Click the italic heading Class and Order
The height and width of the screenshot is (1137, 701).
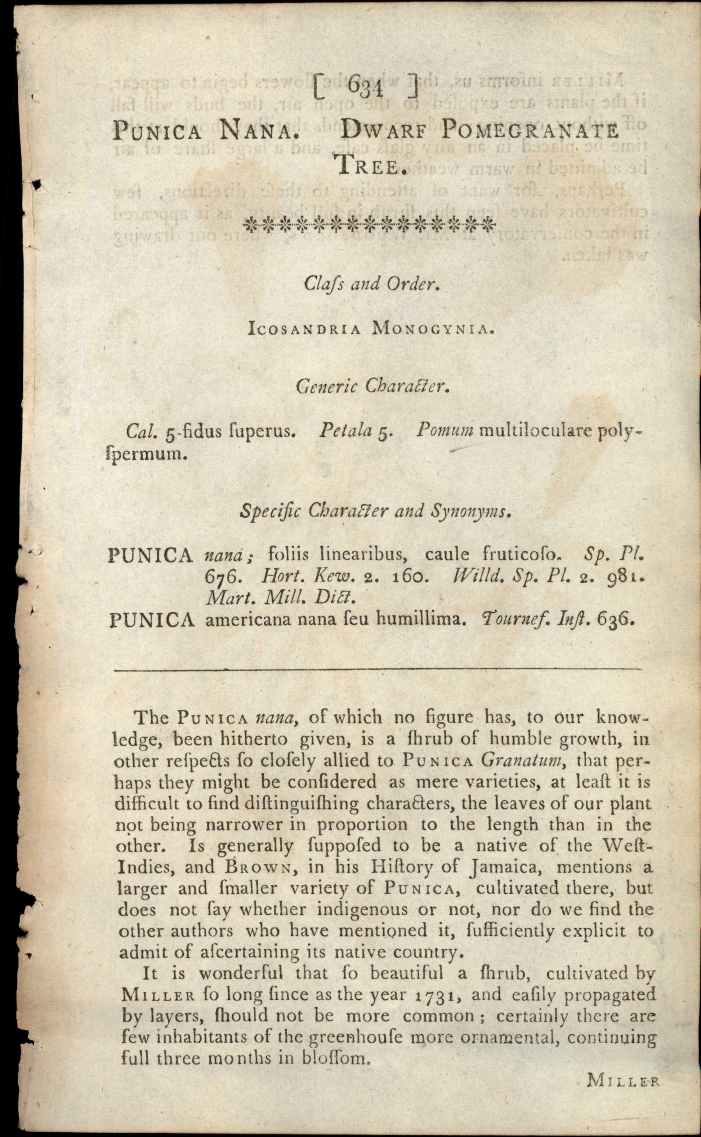coord(371,284)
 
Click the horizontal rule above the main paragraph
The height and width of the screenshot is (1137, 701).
coord(378,669)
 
